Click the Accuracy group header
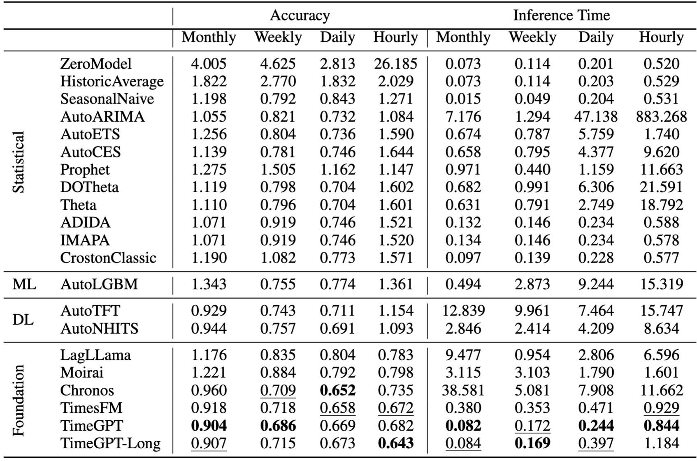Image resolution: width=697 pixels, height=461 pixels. [x=300, y=16]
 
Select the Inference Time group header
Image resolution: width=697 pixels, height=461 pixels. [x=561, y=16]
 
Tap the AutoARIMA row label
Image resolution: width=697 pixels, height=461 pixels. [x=102, y=117]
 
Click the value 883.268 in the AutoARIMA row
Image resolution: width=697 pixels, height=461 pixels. [x=661, y=117]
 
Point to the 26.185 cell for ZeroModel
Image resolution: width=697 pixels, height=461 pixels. [x=395, y=64]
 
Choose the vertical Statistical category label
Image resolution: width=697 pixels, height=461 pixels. [x=19, y=162]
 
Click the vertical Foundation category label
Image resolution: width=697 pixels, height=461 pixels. [x=19, y=400]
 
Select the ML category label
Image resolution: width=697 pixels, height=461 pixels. [x=24, y=284]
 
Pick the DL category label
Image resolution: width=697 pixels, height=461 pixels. [x=23, y=320]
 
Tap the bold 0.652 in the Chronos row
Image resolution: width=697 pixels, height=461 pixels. [x=337, y=390]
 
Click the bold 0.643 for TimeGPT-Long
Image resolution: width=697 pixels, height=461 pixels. [x=395, y=443]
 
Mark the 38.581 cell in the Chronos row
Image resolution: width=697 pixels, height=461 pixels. [x=463, y=390]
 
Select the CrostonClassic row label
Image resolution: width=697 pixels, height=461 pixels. [x=108, y=258]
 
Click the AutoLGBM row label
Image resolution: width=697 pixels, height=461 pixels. [x=99, y=284]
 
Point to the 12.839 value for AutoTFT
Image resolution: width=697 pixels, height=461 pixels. [x=463, y=311]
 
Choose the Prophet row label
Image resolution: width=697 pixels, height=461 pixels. [x=85, y=170]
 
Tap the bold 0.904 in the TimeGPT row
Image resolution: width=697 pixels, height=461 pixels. [x=209, y=426]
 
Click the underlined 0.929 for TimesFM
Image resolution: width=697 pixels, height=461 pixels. [x=661, y=408]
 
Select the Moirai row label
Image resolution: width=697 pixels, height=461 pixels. [x=81, y=373]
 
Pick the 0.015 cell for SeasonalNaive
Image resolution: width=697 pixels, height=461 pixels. [x=463, y=99]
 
